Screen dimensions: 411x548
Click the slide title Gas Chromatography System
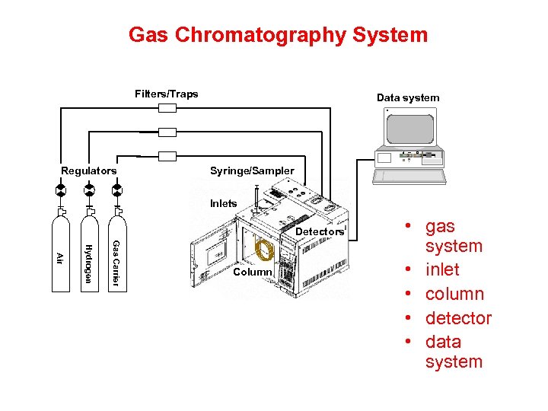278,35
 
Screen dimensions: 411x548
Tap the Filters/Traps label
166,94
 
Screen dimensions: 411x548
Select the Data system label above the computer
408,97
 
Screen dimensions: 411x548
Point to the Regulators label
89,170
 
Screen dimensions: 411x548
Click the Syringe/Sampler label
251,170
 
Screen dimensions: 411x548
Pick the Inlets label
224,204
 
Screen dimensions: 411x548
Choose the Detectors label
319,231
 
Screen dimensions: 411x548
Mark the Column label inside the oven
253,272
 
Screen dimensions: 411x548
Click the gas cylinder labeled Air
60,255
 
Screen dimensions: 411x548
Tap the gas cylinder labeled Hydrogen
88,255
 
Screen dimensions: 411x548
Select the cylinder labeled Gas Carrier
116,255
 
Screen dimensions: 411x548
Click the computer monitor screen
409,129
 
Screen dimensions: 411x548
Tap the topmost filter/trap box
167,108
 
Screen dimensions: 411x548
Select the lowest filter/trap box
167,156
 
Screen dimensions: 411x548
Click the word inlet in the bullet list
442,269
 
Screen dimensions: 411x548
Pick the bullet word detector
458,318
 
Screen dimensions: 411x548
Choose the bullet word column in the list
454,294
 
